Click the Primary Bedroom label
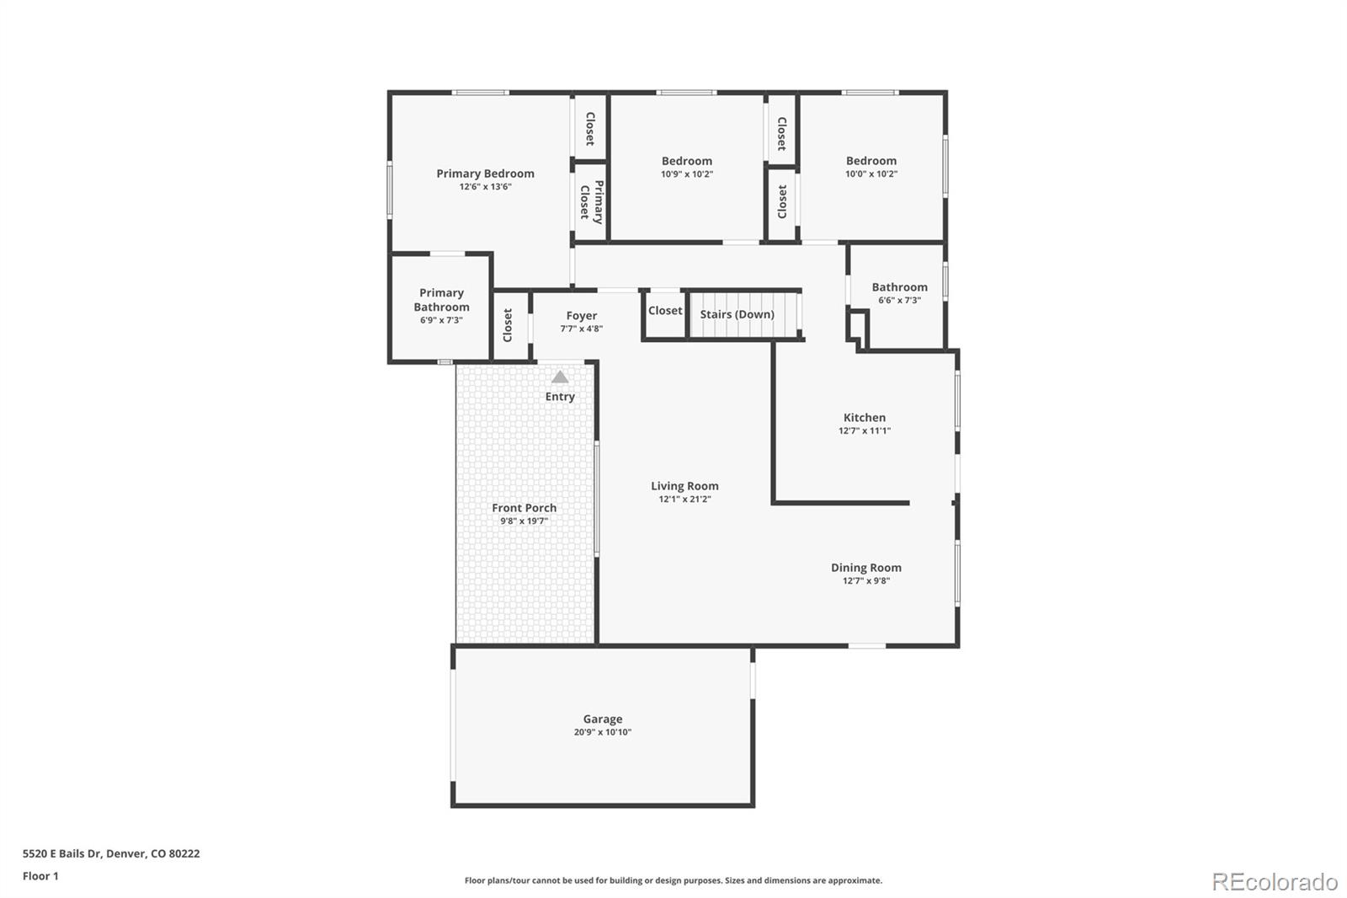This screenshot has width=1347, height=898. click(485, 174)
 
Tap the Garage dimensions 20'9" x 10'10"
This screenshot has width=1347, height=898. click(603, 733)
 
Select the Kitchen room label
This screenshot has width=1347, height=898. click(865, 418)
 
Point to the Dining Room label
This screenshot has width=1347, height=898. click(866, 568)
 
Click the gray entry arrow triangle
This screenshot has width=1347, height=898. click(560, 377)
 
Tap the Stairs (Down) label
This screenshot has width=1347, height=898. click(737, 314)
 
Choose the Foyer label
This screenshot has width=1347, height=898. click(582, 316)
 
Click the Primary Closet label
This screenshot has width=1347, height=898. click(591, 202)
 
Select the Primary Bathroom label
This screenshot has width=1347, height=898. click(441, 300)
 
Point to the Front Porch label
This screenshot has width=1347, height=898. click(524, 508)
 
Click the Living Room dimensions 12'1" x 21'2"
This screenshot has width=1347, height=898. click(685, 500)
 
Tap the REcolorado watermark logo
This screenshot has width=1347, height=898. click(1275, 881)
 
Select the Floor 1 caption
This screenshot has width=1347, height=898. click(40, 876)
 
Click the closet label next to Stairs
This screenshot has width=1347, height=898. click(665, 311)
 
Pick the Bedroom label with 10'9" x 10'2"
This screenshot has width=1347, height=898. click(687, 161)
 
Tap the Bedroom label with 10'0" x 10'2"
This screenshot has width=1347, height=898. click(871, 161)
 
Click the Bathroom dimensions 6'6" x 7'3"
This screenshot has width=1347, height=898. click(900, 301)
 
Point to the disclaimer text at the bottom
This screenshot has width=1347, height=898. click(673, 880)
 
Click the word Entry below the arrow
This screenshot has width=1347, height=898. click(560, 397)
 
